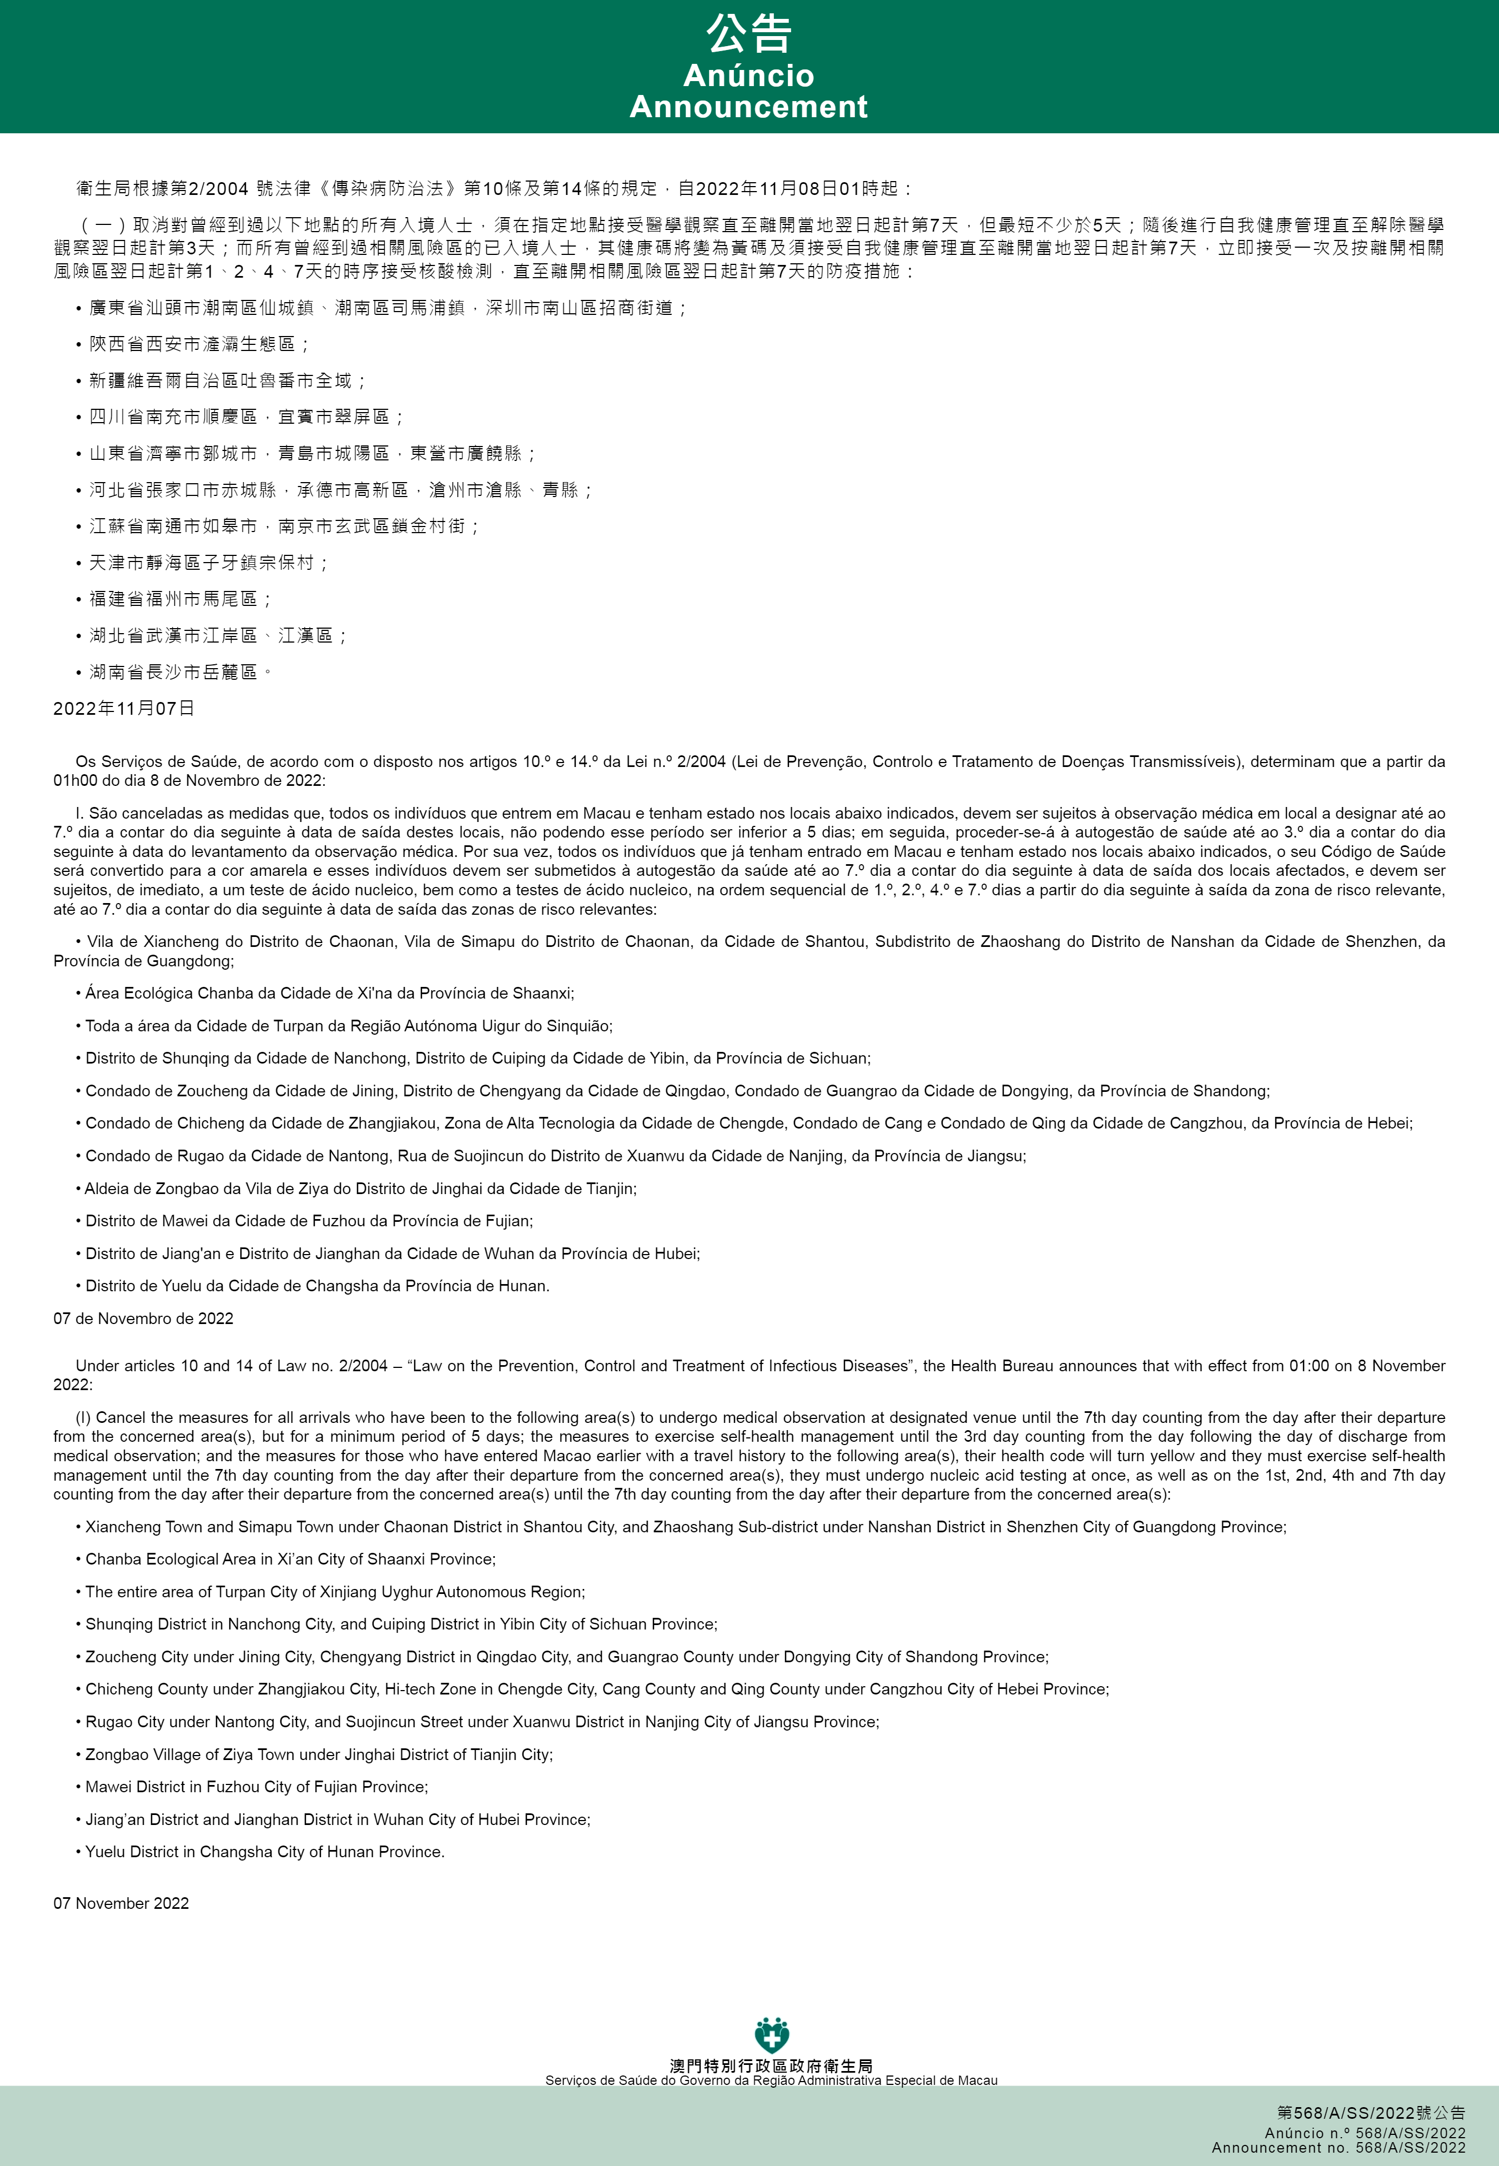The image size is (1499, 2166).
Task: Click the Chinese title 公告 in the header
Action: [x=748, y=35]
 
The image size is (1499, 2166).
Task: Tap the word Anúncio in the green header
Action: [x=748, y=75]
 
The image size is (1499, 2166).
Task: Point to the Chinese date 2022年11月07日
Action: [x=124, y=708]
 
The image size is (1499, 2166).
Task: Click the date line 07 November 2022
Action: [x=121, y=1903]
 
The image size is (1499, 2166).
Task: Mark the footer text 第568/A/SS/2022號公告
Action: [x=1370, y=2113]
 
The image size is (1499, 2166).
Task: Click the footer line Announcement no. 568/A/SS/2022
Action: [x=1339, y=2147]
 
